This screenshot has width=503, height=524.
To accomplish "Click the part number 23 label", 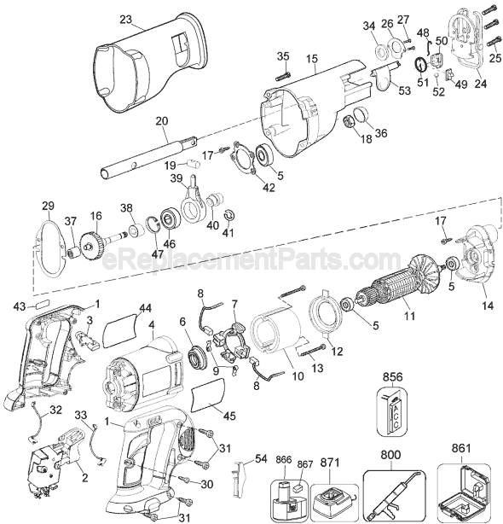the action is pos(126,20).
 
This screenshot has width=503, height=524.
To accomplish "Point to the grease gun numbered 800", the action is pos(394,492).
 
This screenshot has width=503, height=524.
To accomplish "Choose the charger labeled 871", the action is pos(333,499).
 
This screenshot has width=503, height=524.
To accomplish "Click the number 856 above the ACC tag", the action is pos(393,377).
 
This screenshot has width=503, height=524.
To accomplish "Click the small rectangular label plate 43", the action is pos(42,306).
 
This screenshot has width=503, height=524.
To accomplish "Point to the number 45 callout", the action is pos(229,416).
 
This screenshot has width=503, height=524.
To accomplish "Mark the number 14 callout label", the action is pos(489,306).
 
